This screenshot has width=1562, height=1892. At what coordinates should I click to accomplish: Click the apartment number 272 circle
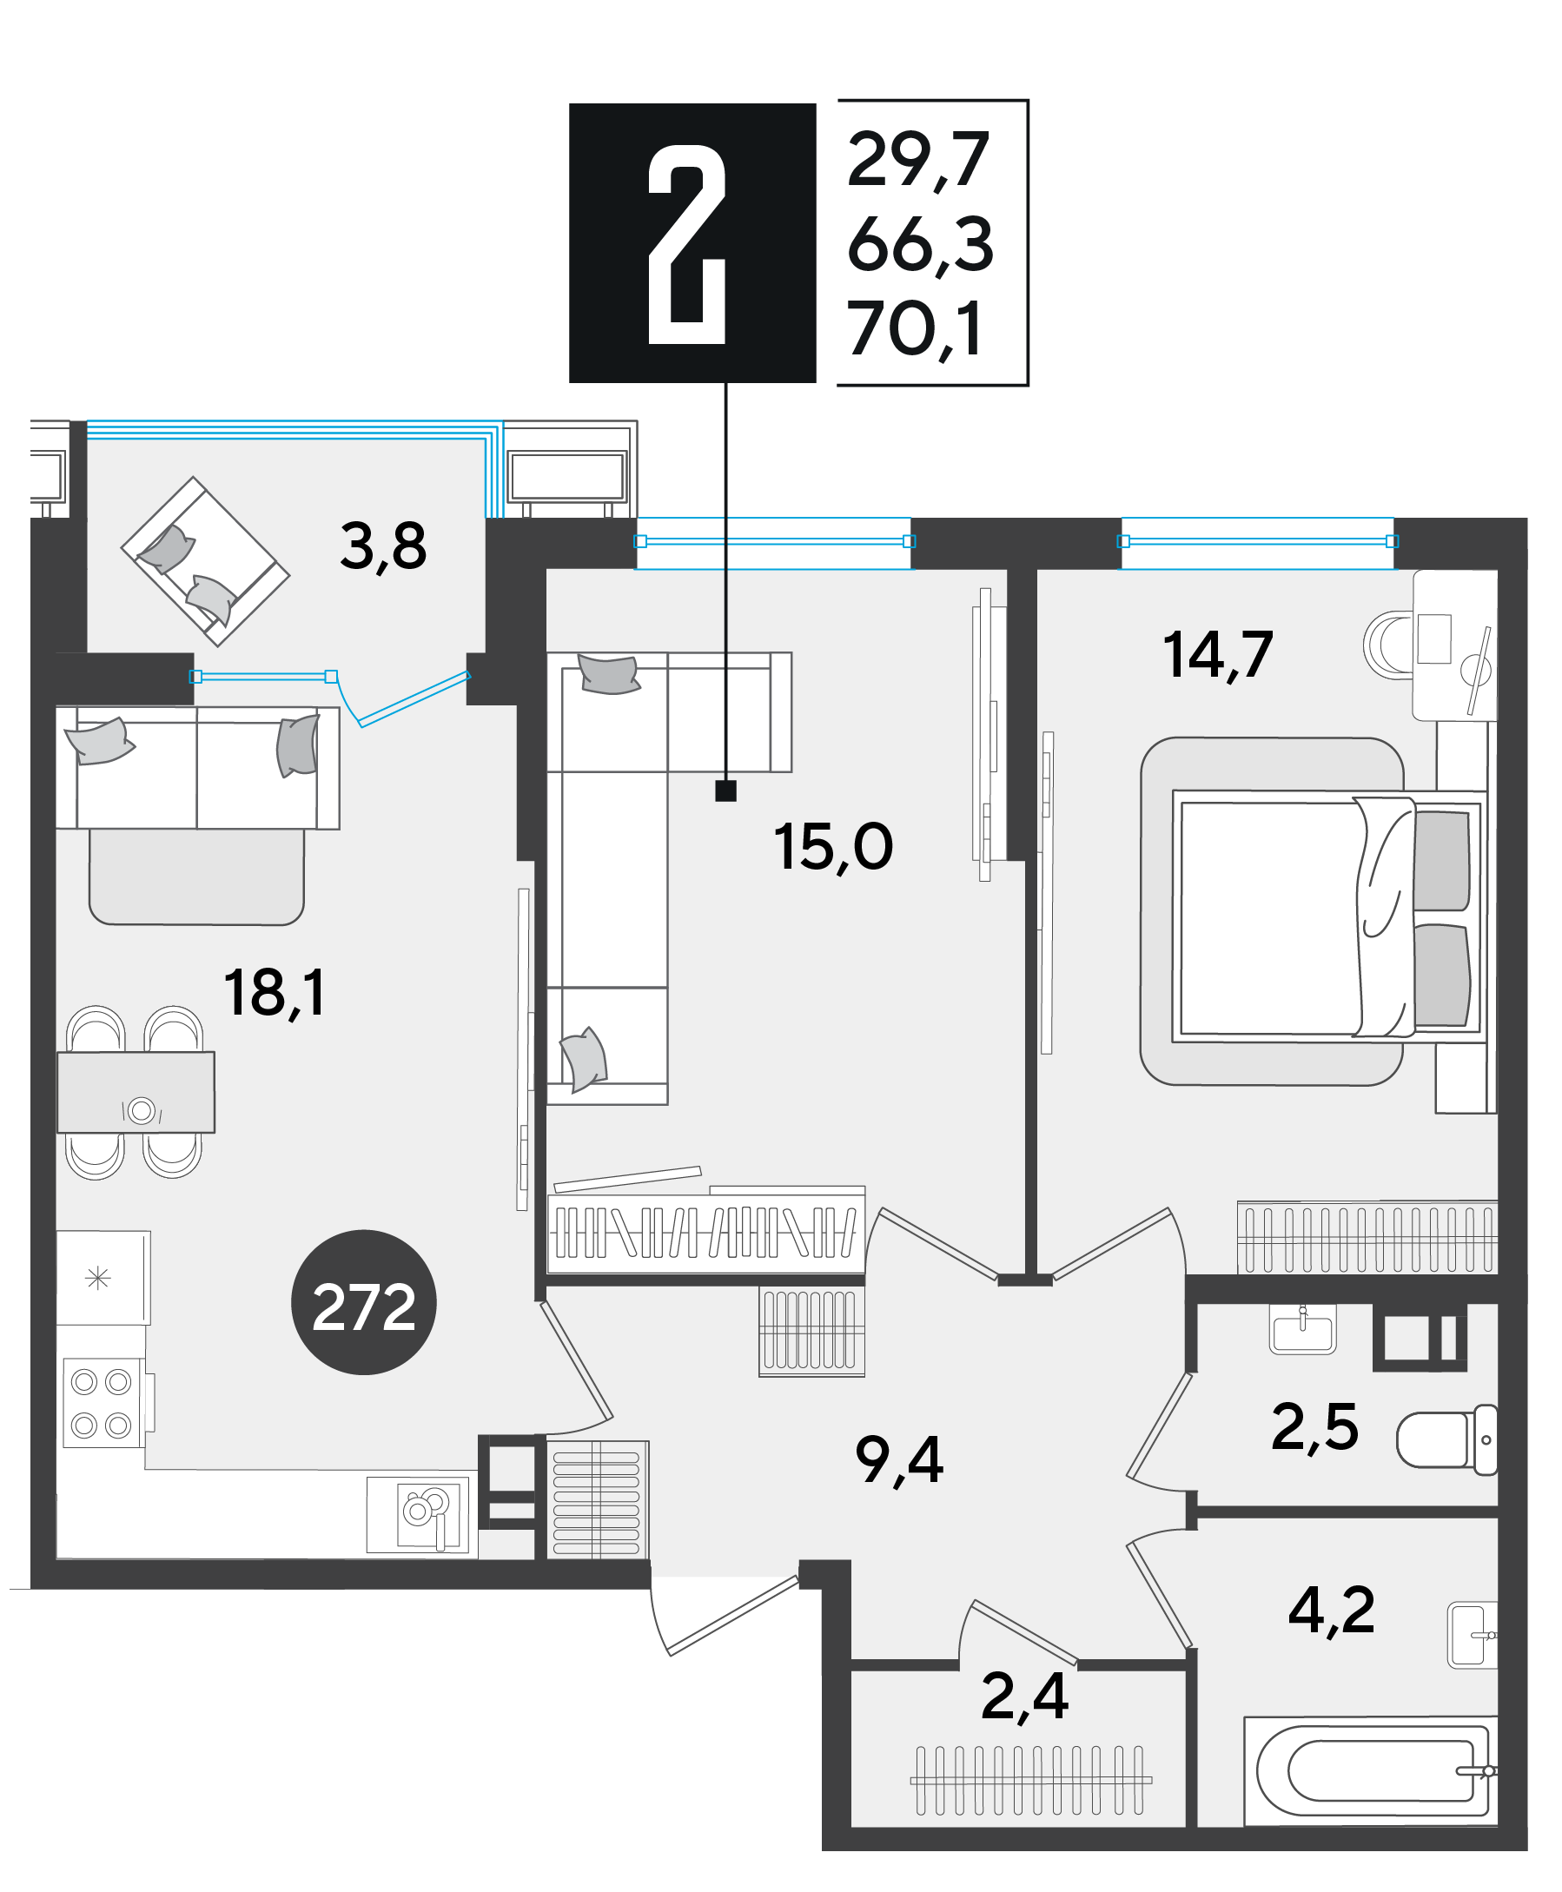click(363, 1302)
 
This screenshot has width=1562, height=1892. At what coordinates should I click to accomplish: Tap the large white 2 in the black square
click(686, 244)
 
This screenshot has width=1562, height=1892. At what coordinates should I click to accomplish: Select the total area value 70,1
click(914, 329)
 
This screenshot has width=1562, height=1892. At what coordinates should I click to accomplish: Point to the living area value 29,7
click(917, 159)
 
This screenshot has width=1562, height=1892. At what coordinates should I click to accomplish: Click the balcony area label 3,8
click(383, 546)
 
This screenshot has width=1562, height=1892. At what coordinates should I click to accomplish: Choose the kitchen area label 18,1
click(274, 993)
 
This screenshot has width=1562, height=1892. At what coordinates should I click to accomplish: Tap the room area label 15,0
click(832, 847)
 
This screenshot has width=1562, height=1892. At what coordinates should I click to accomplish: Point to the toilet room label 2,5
click(1314, 1427)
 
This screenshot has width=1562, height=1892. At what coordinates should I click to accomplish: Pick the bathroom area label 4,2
click(1332, 1610)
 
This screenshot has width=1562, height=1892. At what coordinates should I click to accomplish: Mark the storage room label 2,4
click(1024, 1697)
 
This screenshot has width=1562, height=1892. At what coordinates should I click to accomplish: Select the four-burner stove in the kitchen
click(103, 1403)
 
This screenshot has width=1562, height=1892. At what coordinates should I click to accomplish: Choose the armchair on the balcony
click(205, 561)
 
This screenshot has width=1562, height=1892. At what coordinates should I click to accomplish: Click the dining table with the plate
click(136, 1092)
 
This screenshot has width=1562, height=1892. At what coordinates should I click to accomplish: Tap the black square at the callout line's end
click(725, 791)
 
